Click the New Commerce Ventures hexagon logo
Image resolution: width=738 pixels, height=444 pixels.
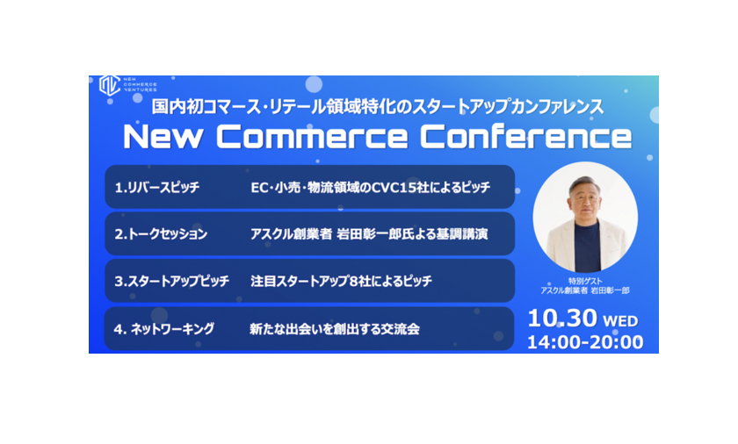109,85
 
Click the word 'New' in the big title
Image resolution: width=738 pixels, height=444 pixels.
163,137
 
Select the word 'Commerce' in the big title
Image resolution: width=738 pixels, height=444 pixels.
312,137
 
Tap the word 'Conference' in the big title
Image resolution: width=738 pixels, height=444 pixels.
525,137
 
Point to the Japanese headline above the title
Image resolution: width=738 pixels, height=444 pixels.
378,107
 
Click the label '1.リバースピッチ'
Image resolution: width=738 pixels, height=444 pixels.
157,188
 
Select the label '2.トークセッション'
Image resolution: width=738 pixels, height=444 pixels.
161,234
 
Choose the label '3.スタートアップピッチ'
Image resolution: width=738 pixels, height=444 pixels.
172,281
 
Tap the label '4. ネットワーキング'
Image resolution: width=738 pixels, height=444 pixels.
163,329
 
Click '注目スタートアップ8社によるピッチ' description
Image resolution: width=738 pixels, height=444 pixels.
341,281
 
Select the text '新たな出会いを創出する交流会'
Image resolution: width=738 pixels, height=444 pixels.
335,329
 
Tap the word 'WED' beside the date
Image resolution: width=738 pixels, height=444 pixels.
620,321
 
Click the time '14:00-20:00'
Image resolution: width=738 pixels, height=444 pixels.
585,342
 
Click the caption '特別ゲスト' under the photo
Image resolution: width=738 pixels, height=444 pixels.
585,281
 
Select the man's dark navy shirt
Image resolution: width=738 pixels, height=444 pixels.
587,247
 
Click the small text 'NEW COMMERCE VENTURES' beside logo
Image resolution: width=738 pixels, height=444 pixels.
141,84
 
